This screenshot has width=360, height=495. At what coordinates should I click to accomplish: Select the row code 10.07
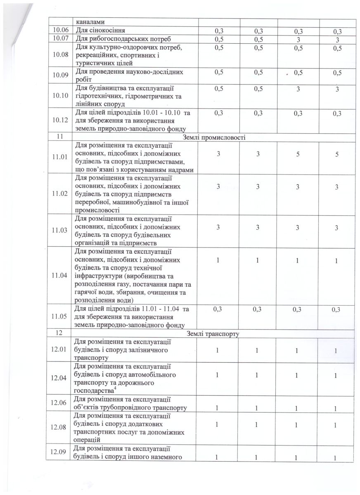pos(60,39)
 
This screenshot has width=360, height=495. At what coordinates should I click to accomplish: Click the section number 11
pos(60,137)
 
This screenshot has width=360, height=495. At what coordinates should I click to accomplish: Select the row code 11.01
pos(60,157)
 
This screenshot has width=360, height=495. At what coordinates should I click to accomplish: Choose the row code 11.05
pos(60,316)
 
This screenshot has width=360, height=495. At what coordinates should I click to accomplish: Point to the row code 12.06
pos(60,404)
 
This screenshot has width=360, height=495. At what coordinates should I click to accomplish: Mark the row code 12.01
pos(60,349)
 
